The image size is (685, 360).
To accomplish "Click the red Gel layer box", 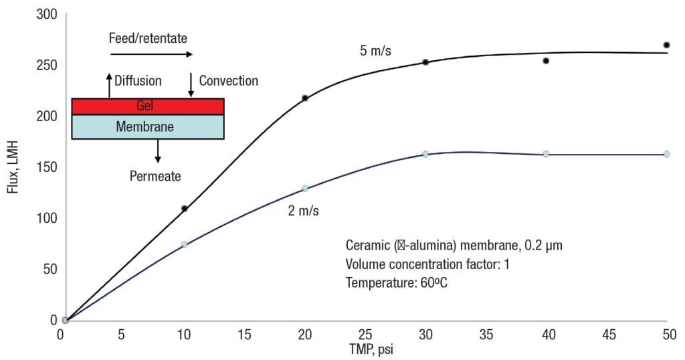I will tap(147, 106).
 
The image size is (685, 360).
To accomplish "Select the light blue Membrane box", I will tap(147, 126).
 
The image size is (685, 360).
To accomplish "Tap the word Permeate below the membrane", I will tap(155, 177).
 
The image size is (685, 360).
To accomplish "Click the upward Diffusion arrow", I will tap(109, 85).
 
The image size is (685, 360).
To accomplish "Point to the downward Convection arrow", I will tap(191, 85).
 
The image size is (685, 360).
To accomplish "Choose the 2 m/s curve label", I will tap(303, 211).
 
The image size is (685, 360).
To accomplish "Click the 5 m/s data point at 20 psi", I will tap(305, 98).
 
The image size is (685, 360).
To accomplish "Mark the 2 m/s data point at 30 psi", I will tap(425, 154).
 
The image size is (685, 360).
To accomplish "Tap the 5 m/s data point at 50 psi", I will tap(666, 45).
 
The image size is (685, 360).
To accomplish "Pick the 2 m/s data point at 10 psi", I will tap(185, 244).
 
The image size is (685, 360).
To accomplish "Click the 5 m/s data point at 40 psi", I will tap(546, 61).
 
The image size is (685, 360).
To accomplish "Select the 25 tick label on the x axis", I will tap(365, 334).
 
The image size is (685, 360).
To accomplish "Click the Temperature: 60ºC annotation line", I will tap(397, 282).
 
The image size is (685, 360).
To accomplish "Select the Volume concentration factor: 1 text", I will tap(427, 264).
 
